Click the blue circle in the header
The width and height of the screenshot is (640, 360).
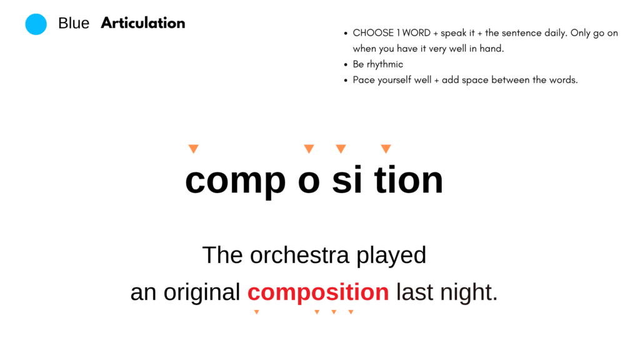point(36,24)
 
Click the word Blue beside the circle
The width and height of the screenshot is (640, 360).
point(74,23)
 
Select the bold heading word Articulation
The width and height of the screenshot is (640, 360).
point(143,23)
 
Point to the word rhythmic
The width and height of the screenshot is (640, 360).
point(384,64)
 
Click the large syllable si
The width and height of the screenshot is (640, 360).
point(347,179)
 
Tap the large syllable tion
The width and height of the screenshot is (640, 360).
point(409,179)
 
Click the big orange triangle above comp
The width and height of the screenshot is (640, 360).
point(194,149)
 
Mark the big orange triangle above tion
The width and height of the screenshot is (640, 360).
point(386,149)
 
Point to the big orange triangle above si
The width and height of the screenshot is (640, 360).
point(341,149)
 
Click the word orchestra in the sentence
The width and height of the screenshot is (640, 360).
point(299,255)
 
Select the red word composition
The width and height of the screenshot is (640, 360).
point(318,293)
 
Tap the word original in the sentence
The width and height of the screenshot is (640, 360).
point(202,293)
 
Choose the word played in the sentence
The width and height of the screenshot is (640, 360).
point(391,256)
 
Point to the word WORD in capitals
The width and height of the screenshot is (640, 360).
point(416,32)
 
